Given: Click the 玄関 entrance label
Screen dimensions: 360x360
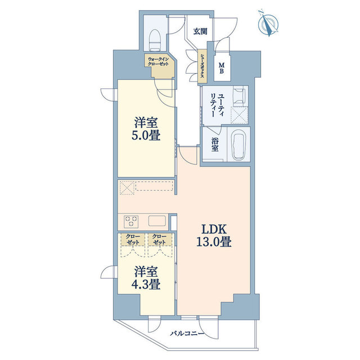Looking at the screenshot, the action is point(200,31).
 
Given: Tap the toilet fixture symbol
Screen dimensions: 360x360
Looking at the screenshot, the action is point(155,40).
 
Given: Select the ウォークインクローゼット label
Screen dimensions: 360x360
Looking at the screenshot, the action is point(158,61).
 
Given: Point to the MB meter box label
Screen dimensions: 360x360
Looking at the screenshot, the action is point(222,69).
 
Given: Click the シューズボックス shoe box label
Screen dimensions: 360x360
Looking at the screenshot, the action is point(202,65).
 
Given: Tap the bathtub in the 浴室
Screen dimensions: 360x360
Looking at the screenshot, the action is point(238,145).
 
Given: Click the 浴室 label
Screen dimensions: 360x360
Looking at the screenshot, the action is point(215,145).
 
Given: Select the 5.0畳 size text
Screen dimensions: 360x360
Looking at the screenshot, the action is point(146,136).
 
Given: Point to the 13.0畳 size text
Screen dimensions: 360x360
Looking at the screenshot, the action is point(214,242).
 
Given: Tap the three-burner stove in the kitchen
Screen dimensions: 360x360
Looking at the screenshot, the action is point(131,222).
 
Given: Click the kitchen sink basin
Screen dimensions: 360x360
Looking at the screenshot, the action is point(157,221).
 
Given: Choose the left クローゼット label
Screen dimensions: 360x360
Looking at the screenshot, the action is point(133,239).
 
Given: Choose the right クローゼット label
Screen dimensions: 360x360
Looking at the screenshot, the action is point(159,239).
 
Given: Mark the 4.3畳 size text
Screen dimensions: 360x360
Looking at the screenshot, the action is point(146,285).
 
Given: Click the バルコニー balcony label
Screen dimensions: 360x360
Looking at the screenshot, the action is point(187,334).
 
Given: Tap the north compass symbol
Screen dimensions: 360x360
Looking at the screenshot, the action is point(268,23).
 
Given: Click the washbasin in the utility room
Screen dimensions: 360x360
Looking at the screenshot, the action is point(239,96).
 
